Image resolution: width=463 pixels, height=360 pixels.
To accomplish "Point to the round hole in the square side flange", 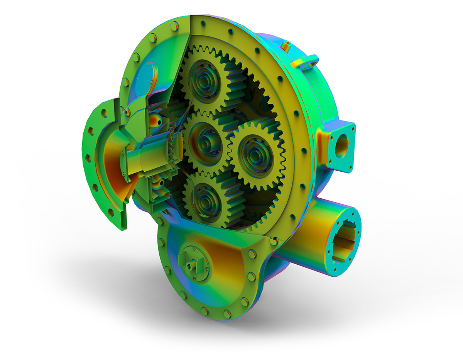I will click(x=341, y=146).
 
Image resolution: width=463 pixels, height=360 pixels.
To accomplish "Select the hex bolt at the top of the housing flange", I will click(x=174, y=26).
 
